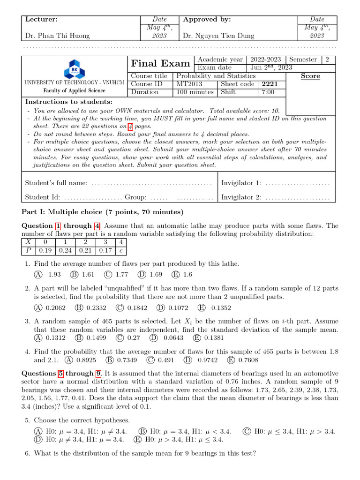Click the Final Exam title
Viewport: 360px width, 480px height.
[x=160, y=63]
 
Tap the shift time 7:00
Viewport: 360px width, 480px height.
[x=268, y=92]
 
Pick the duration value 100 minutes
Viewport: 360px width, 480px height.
[x=195, y=92]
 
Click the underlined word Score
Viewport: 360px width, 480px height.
[x=310, y=76]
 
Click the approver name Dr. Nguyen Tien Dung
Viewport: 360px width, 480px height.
[x=219, y=36]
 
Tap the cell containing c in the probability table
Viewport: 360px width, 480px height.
[x=121, y=250]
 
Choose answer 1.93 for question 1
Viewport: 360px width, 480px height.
[x=49, y=275]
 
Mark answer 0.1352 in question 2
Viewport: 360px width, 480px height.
[x=216, y=308]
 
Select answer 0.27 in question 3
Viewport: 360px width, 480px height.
[x=128, y=337]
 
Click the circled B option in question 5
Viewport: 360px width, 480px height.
[x=142, y=431]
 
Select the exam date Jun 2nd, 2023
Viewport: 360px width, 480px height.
[x=272, y=67]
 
